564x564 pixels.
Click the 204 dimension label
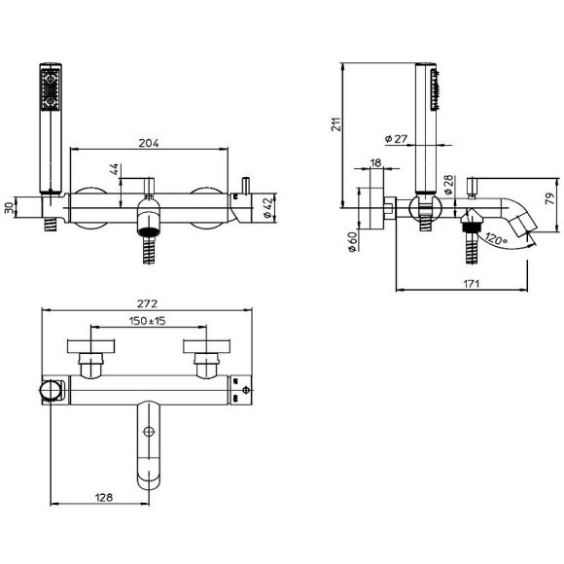coord(149,143)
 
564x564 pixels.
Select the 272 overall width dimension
coord(148,304)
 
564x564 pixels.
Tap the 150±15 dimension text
coord(148,321)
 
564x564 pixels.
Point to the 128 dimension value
coord(104,498)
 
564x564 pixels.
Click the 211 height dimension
coord(335,124)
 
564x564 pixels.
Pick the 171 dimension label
coord(472,284)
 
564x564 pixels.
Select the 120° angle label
coord(496,238)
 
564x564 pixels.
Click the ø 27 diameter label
coord(396,139)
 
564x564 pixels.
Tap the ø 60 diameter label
coord(353,242)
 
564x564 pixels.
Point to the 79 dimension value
coord(550,199)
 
